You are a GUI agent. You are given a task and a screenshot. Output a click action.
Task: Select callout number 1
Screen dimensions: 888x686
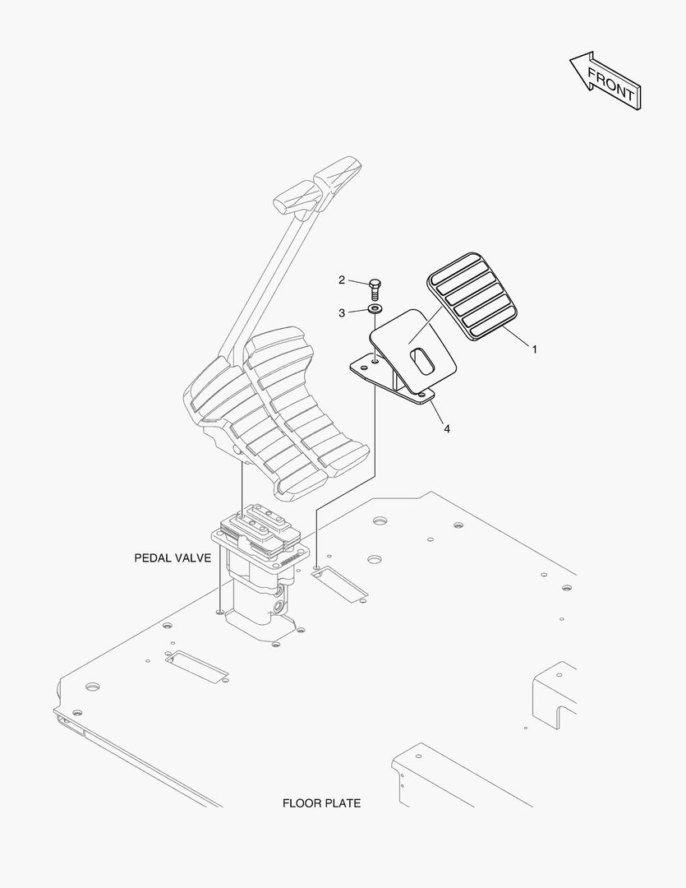pos(534,349)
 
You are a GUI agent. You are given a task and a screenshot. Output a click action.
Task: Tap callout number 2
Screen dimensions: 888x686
pos(342,280)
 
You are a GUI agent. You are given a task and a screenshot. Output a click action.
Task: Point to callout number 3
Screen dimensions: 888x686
pos(342,312)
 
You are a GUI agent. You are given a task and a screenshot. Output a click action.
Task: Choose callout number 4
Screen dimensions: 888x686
pos(447,428)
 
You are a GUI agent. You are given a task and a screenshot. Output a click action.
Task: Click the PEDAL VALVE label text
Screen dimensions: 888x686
pos(173,557)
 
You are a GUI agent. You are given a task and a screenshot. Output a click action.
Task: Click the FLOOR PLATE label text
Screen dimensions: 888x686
pos(321,803)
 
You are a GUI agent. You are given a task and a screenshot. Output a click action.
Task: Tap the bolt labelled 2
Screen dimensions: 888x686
pos(375,288)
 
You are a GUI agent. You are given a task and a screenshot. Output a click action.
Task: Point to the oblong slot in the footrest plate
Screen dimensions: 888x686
pos(421,363)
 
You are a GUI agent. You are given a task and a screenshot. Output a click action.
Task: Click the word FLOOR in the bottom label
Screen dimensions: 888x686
pos(302,803)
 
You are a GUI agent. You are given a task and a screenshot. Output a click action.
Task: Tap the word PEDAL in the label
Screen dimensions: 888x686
pos(152,557)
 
